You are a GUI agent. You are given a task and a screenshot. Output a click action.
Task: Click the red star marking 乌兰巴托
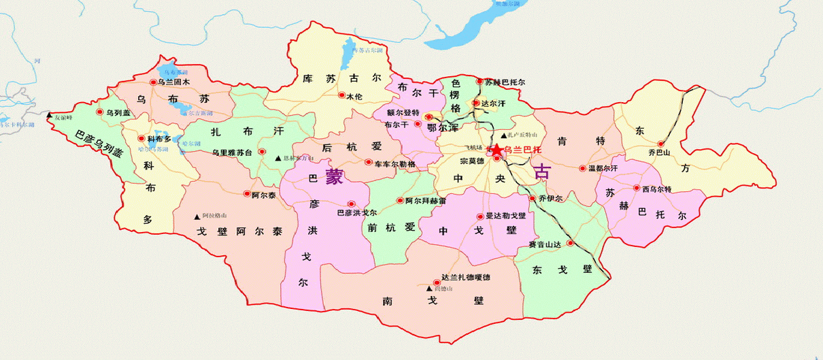(x=497, y=149)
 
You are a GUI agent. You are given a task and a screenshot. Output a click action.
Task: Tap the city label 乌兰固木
(x=174, y=82)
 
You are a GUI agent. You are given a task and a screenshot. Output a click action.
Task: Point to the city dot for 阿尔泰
(x=247, y=194)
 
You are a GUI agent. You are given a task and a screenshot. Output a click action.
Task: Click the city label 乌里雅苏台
(x=232, y=153)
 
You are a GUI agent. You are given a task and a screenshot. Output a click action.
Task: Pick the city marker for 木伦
(x=341, y=96)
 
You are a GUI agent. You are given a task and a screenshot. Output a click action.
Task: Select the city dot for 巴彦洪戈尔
(x=352, y=203)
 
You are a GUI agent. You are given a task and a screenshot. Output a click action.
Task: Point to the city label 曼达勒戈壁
(x=505, y=216)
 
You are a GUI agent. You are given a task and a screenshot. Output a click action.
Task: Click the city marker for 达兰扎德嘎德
(x=436, y=278)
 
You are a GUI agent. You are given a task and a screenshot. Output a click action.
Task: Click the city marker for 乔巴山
(x=660, y=144)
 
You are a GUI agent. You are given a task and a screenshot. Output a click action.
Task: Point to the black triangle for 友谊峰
(x=49, y=116)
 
